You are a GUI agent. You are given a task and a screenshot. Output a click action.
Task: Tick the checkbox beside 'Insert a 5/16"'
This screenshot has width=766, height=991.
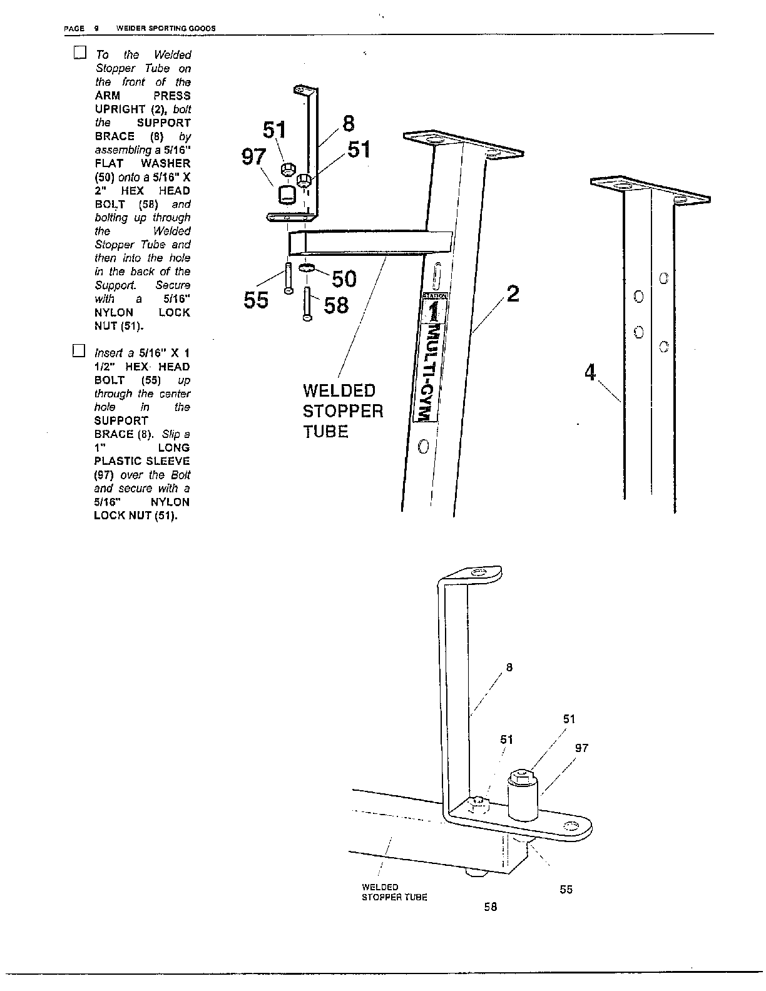[78, 350]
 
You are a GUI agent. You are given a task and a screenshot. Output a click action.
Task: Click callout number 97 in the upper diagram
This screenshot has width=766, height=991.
[254, 157]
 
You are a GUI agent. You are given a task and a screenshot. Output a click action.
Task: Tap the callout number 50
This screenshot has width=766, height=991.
[344, 278]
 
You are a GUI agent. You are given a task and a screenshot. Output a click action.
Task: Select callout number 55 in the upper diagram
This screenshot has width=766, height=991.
[256, 301]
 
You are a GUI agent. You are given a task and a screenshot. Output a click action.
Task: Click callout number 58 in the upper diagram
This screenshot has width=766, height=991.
[336, 305]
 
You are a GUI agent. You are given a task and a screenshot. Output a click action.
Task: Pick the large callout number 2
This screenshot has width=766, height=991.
[513, 293]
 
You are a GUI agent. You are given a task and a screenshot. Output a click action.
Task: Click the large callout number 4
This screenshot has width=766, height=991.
[590, 373]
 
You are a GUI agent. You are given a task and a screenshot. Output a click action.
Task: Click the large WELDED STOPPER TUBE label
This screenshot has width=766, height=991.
[342, 411]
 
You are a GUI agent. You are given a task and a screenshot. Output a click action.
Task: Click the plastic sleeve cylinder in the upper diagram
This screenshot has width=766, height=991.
[288, 194]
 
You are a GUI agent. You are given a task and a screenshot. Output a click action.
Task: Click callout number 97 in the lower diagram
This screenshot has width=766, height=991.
[581, 748]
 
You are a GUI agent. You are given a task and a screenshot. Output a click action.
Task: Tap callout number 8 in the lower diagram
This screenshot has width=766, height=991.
[509, 668]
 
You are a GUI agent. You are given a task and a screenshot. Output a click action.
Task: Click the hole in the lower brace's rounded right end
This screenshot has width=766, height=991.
[569, 826]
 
